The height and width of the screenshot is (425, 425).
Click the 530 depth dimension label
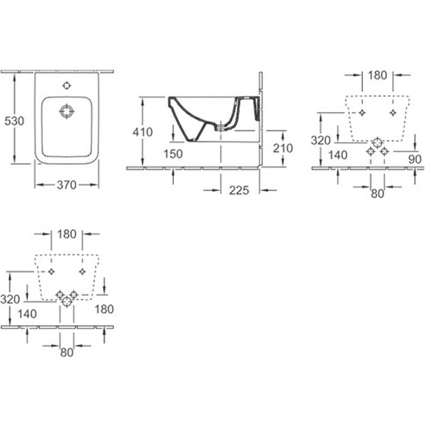point(14,121)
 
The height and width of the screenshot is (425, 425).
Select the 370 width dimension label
point(67,185)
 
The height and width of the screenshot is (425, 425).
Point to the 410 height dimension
point(142,132)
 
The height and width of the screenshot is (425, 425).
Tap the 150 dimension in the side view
point(173,154)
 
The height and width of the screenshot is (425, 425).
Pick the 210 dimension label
point(283,148)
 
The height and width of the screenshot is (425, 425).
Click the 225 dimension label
point(239,191)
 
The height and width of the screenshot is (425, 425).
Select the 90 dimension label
point(415,159)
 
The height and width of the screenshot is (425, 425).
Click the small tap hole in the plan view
point(67,86)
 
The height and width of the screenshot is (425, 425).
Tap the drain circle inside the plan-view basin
point(67,111)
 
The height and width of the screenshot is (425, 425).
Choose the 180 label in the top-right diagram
point(377,76)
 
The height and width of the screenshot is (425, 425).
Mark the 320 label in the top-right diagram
point(321,141)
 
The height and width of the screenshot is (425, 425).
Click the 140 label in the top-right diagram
point(338,155)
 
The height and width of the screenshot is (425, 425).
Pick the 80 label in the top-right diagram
point(377,194)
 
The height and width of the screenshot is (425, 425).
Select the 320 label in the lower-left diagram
point(10,299)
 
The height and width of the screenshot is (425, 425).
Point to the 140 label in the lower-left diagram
point(27,314)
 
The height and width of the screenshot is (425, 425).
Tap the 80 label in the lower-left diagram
point(67,352)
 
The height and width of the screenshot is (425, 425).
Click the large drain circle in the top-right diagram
point(377,142)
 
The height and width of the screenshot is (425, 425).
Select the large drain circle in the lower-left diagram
point(67,301)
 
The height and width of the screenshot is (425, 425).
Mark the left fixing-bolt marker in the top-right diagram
point(362,112)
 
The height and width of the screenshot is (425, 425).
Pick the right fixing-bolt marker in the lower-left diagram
point(82,271)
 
